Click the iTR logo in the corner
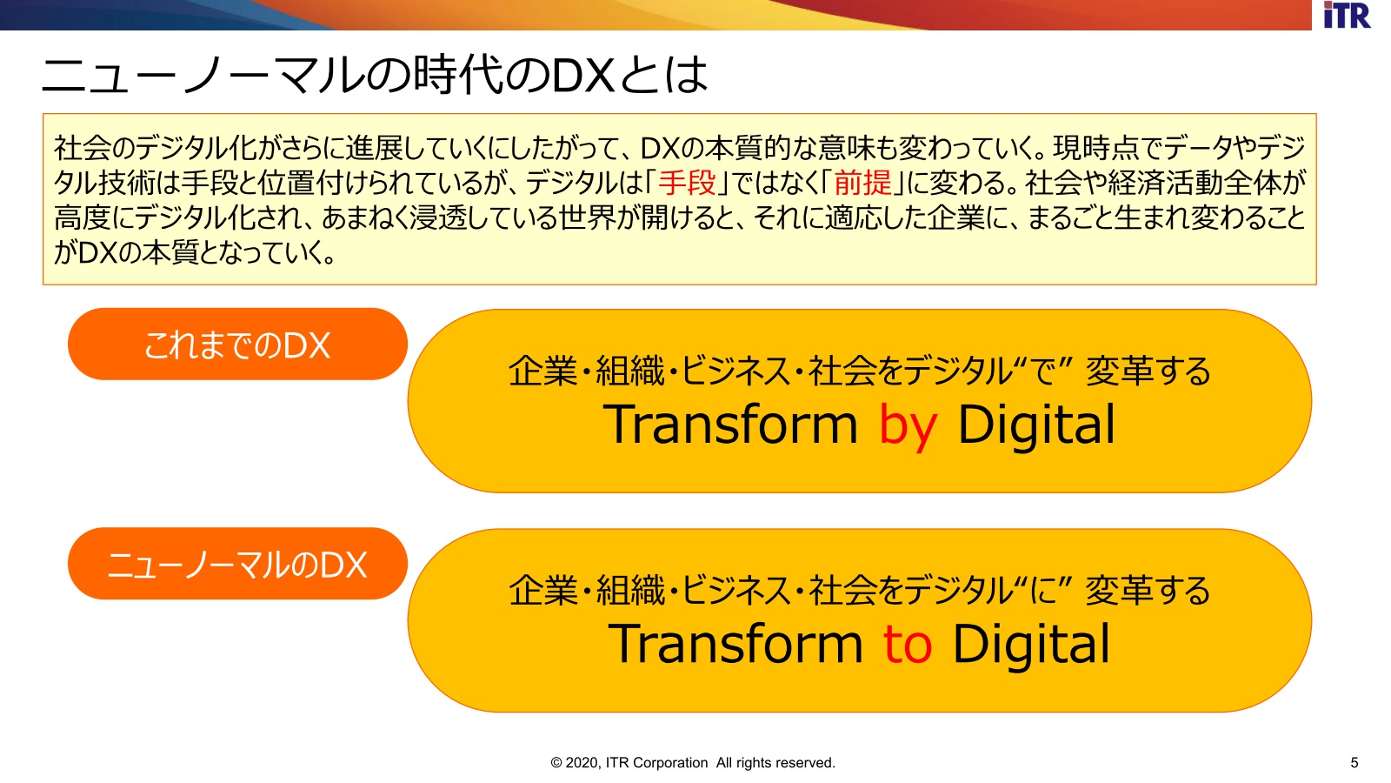click(1347, 15)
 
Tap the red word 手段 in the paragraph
click(688, 183)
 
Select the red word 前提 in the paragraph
click(863, 183)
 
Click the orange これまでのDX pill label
click(238, 345)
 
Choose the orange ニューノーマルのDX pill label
click(238, 564)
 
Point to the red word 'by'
click(908, 426)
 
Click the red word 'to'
click(908, 644)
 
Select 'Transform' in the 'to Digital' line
click(735, 643)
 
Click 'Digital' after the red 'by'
click(1036, 426)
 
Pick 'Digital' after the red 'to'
click(1031, 646)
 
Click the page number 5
click(1354, 762)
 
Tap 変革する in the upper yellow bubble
click(1148, 371)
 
